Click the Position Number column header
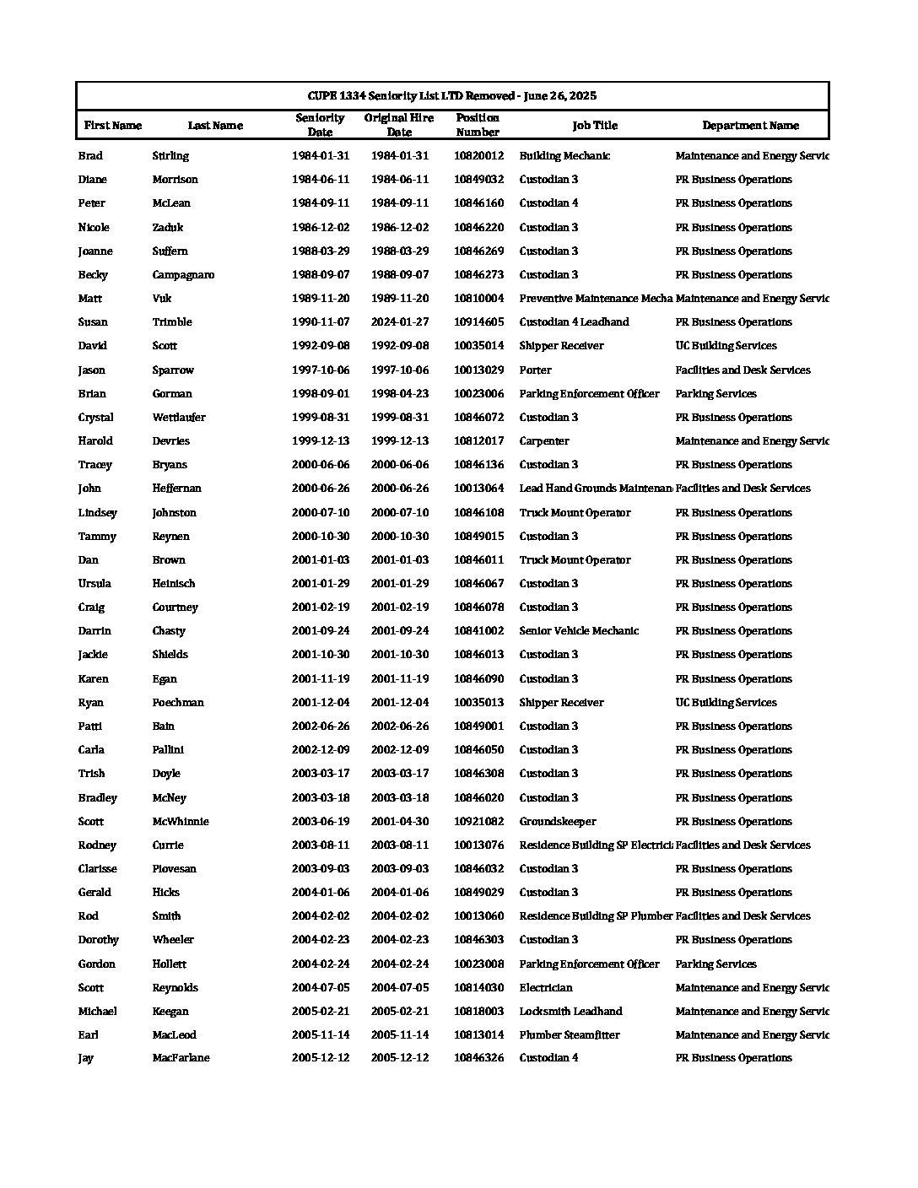pos(478,125)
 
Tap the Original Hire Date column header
pos(399,125)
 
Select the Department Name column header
pos(750,126)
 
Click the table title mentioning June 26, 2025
pos(452,95)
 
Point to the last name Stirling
pos(170,156)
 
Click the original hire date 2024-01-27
pos(400,322)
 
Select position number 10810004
pos(478,299)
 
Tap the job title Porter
pos(535,370)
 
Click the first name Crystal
pos(95,418)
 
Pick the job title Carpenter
pos(544,441)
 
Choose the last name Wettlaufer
pos(179,418)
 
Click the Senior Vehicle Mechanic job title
pos(579,631)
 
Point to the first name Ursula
pos(94,584)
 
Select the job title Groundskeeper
pos(558,822)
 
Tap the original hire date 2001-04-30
pos(400,822)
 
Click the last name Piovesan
pos(175,869)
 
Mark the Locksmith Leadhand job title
pos(570,1012)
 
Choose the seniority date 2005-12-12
pos(321,1058)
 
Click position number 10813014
pos(478,1035)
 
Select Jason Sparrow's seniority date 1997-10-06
pos(321,370)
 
